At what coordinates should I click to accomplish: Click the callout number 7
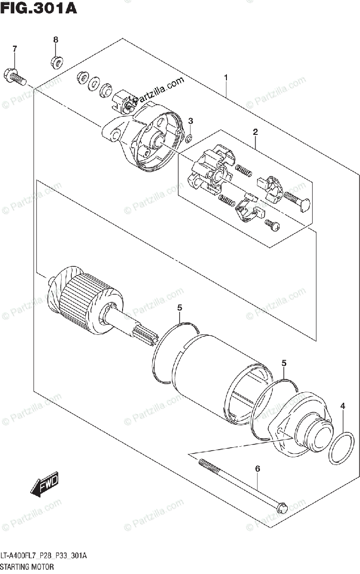(14, 49)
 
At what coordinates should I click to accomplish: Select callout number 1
(225, 78)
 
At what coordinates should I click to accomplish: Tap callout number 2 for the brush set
(256, 132)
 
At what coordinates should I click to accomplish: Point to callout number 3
(190, 121)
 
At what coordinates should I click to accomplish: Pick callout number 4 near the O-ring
(343, 407)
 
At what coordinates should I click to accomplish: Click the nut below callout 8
(55, 61)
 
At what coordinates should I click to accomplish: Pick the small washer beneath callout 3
(189, 139)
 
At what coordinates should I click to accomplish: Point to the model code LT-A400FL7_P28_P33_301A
(44, 555)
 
